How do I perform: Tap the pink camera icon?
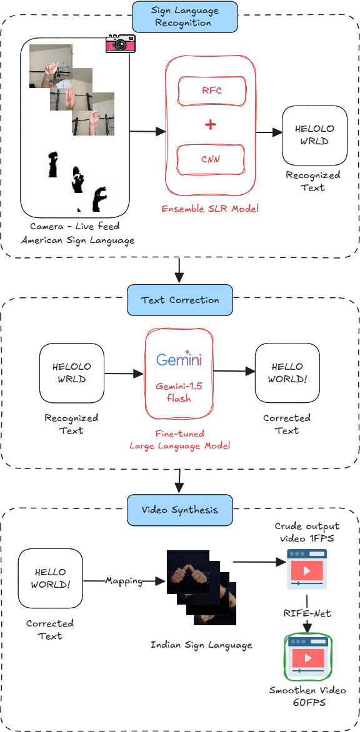pyautogui.click(x=120, y=44)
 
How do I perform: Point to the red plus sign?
pyautogui.click(x=211, y=125)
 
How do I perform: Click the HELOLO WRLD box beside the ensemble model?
pyautogui.click(x=314, y=134)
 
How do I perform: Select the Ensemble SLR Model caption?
pyautogui.click(x=210, y=209)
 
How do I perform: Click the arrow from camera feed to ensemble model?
pyautogui.click(x=147, y=131)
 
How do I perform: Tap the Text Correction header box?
pyautogui.click(x=179, y=300)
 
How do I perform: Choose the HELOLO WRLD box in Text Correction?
pyautogui.click(x=71, y=373)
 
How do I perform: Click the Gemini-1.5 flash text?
pyautogui.click(x=179, y=392)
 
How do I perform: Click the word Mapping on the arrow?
pyautogui.click(x=124, y=581)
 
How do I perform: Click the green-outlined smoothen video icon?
pyautogui.click(x=307, y=657)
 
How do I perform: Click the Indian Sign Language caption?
pyautogui.click(x=201, y=645)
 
